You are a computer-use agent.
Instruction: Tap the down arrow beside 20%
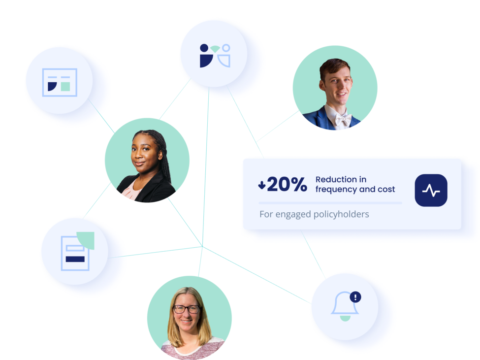click(x=262, y=185)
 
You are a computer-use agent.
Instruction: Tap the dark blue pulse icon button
click(x=431, y=190)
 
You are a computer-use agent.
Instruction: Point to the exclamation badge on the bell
click(x=355, y=296)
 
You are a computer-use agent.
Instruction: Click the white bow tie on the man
click(x=343, y=119)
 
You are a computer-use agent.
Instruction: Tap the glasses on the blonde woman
click(x=187, y=309)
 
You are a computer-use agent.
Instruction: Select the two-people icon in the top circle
click(x=215, y=55)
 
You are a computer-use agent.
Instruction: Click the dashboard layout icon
click(x=60, y=82)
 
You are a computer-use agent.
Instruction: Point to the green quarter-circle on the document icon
click(x=85, y=239)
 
